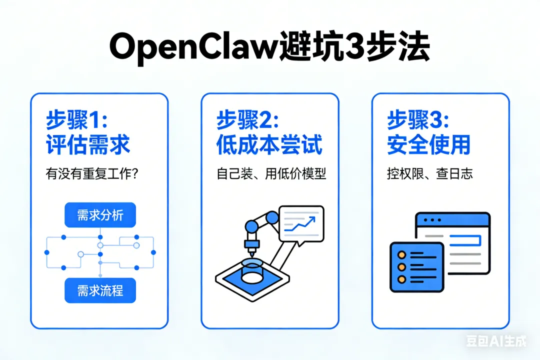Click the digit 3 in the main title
pyautogui.click(x=352, y=48)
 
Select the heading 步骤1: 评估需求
pyautogui.click(x=87, y=132)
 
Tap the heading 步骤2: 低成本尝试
pyautogui.click(x=269, y=132)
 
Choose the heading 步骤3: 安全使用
pyautogui.click(x=428, y=132)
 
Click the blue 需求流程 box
pyautogui.click(x=100, y=290)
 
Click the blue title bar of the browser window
pyautogui.click(x=452, y=219)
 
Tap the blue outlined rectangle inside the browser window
pyautogui.click(x=465, y=241)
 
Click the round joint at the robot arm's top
pyautogui.click(x=272, y=217)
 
